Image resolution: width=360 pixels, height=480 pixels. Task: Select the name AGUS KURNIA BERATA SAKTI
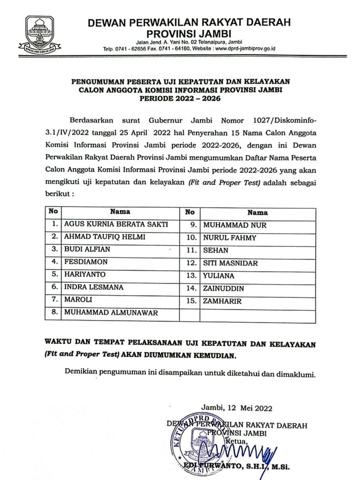[115, 225]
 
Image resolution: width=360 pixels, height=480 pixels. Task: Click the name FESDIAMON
[86, 262]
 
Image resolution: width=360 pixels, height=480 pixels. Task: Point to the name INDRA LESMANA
[94, 287]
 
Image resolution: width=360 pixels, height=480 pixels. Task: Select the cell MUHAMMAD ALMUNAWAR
[111, 313]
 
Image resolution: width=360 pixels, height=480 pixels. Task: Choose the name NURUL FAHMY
[222, 238]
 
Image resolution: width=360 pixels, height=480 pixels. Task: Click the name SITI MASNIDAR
[230, 263]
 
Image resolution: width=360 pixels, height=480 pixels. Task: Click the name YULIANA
[218, 276]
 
